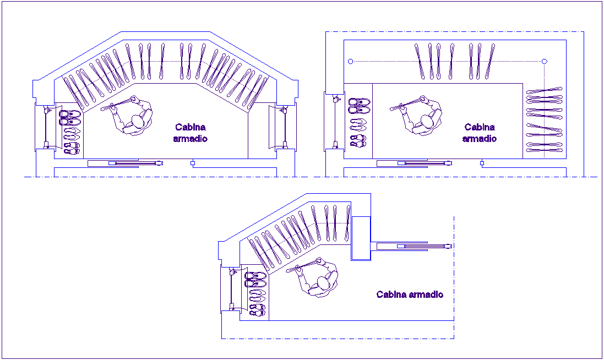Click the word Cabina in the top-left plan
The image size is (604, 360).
pyautogui.click(x=191, y=127)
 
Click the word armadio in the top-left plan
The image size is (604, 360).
pyautogui.click(x=191, y=139)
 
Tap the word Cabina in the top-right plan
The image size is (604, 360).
pyautogui.click(x=480, y=127)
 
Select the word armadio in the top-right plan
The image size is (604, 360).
pyautogui.click(x=480, y=139)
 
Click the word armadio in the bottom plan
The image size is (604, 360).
pyautogui.click(x=426, y=294)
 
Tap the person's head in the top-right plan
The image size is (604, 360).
pyautogui.click(x=427, y=121)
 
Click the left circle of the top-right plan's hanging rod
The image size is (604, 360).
pyautogui.click(x=351, y=61)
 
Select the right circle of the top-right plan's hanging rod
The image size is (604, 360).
pyautogui.click(x=544, y=61)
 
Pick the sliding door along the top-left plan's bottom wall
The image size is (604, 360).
pyautogui.click(x=126, y=163)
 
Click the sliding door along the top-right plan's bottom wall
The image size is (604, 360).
pyautogui.click(x=414, y=163)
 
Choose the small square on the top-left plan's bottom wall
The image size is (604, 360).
pyautogui.click(x=193, y=163)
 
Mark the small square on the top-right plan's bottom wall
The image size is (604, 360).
pyautogui.click(x=482, y=163)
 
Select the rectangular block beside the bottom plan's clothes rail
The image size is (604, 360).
pyautogui.click(x=361, y=238)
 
